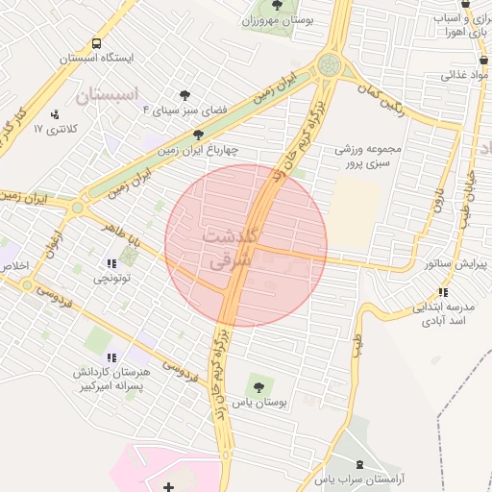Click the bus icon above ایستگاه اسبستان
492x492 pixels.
96,43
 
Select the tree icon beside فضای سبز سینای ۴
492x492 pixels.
184,94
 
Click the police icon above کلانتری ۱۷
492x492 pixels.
53,113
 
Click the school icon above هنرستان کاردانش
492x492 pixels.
105,352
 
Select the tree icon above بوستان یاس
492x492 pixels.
255,386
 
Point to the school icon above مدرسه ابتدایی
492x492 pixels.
442,292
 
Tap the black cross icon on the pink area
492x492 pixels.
169,488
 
